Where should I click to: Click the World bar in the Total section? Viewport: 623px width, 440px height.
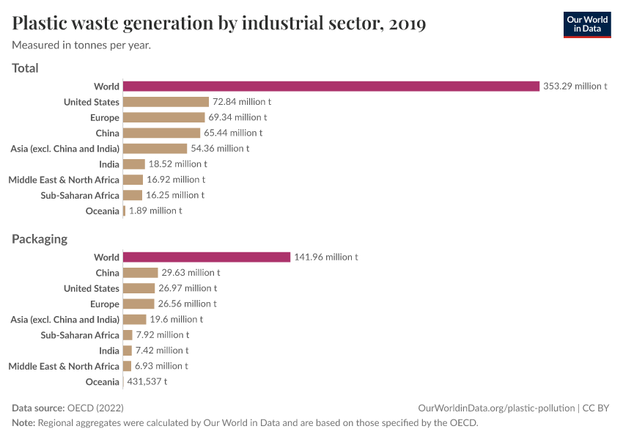(x=331, y=87)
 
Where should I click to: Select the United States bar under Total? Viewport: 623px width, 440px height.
(x=166, y=102)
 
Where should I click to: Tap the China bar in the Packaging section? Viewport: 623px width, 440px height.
(x=140, y=273)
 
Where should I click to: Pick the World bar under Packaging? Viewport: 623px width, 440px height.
(x=207, y=257)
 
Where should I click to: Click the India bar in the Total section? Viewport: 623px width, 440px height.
(x=133, y=164)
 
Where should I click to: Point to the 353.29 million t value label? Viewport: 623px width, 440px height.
(x=575, y=87)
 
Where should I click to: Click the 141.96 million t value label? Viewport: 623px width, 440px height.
(x=325, y=257)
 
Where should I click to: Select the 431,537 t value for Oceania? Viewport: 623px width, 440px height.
(x=147, y=382)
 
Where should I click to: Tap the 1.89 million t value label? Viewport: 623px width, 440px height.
(x=155, y=211)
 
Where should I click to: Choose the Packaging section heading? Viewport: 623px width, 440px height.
(x=40, y=239)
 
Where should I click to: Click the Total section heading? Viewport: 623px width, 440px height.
(x=26, y=68)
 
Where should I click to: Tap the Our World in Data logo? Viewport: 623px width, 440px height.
(x=586, y=24)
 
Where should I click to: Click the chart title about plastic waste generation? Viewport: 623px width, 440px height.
(x=219, y=23)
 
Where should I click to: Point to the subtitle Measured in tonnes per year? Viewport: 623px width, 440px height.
(x=81, y=45)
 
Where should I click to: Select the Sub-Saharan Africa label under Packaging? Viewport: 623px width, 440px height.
(x=80, y=335)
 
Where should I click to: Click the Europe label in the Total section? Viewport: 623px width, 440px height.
(x=106, y=117)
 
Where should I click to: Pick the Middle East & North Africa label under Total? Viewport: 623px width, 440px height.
(x=64, y=180)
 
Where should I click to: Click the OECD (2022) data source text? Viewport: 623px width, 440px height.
(x=95, y=408)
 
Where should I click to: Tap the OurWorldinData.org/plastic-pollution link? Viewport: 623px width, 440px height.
(x=496, y=408)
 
